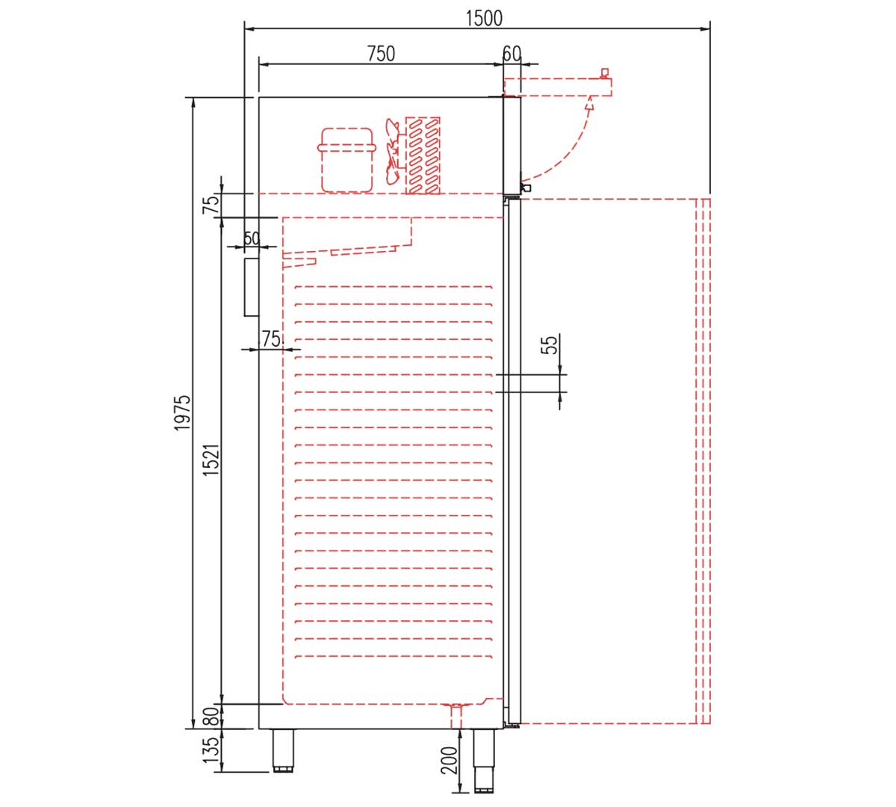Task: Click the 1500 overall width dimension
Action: (484, 19)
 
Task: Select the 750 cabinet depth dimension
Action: (381, 54)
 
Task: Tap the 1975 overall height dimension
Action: (182, 412)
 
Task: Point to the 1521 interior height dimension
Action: (211, 460)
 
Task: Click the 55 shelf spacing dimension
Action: (550, 344)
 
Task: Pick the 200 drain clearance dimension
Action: (449, 761)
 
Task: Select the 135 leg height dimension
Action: (211, 750)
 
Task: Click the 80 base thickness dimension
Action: (211, 717)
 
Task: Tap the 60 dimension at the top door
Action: (512, 54)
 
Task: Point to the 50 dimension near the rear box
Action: (252, 238)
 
